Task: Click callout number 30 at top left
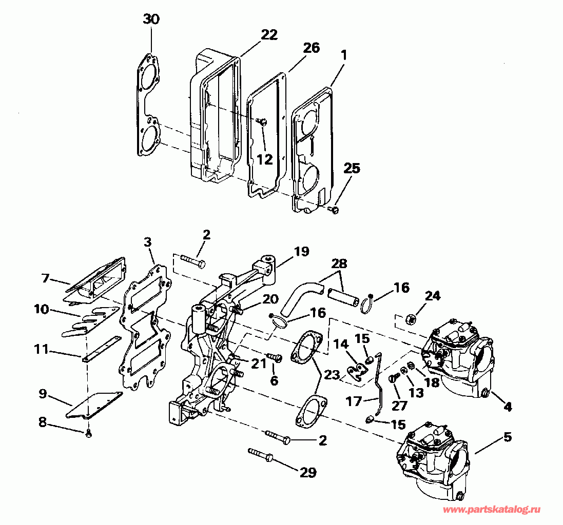151,20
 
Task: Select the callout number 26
311,48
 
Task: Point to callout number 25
352,168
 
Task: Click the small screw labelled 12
262,121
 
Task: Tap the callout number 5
507,437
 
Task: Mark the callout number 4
507,407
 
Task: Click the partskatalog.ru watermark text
492,510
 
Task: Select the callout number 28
339,265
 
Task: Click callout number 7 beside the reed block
45,278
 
